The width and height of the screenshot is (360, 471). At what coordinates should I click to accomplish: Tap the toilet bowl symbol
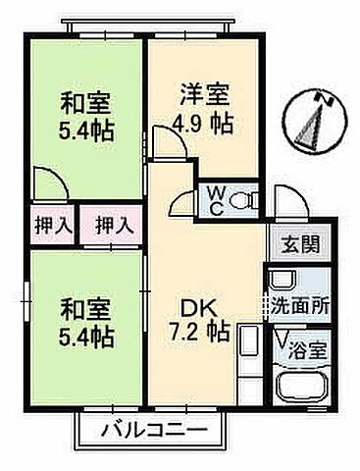point(244,200)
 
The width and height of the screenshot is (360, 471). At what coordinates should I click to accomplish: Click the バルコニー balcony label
point(153,430)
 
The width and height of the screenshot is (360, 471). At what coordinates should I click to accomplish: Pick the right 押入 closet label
point(113,225)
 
